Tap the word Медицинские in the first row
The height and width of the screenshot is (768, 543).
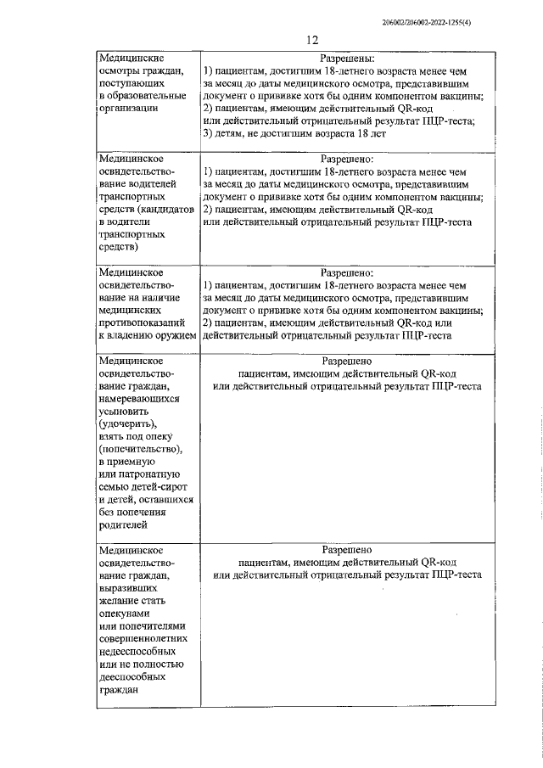(x=130, y=59)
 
